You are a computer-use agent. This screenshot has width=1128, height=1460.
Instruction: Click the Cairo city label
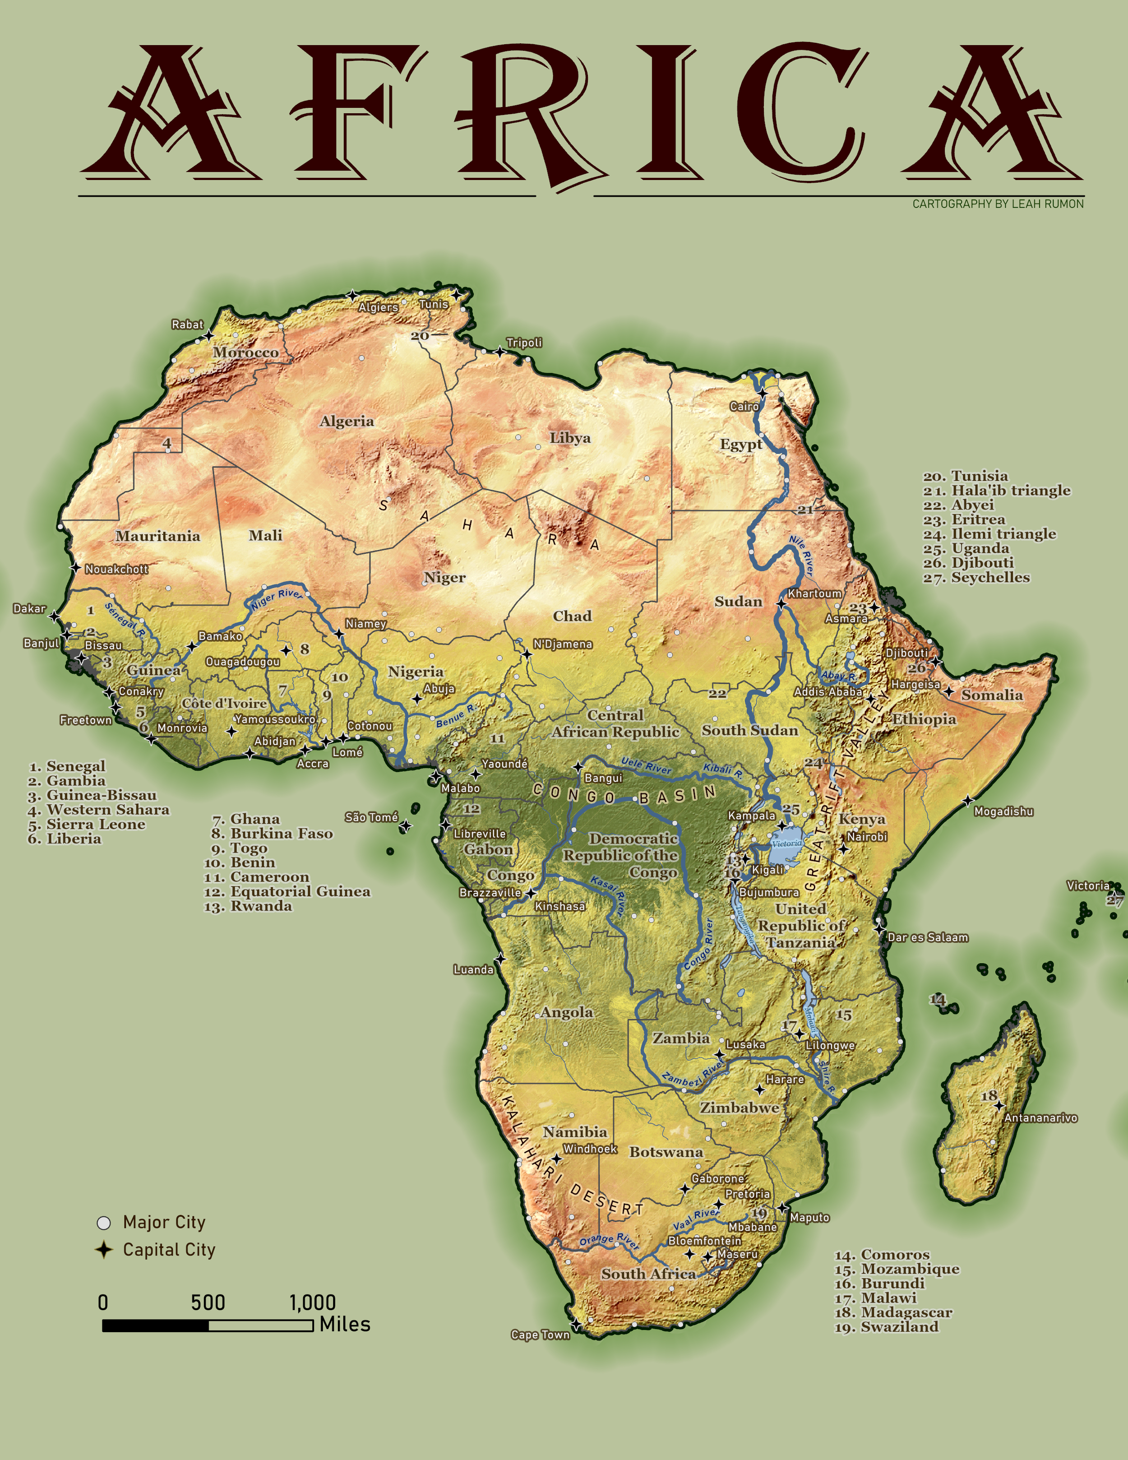744,407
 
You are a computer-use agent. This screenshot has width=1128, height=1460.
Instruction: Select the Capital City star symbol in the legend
104,1249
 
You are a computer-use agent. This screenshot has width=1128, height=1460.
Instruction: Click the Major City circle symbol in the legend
104,1223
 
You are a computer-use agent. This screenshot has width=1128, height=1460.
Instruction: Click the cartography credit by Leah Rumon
998,204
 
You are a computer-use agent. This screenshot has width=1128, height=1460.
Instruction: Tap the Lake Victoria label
786,843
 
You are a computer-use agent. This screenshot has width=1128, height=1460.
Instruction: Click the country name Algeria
347,421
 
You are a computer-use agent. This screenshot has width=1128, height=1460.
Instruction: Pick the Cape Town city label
540,1335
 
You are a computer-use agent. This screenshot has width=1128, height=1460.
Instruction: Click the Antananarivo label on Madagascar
1040,1118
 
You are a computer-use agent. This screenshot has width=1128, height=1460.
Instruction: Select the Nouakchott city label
116,569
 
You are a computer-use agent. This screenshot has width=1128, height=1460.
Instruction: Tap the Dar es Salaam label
928,937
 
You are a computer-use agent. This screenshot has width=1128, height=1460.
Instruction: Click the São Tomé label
371,817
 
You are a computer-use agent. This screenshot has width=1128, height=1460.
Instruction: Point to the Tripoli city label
524,343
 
